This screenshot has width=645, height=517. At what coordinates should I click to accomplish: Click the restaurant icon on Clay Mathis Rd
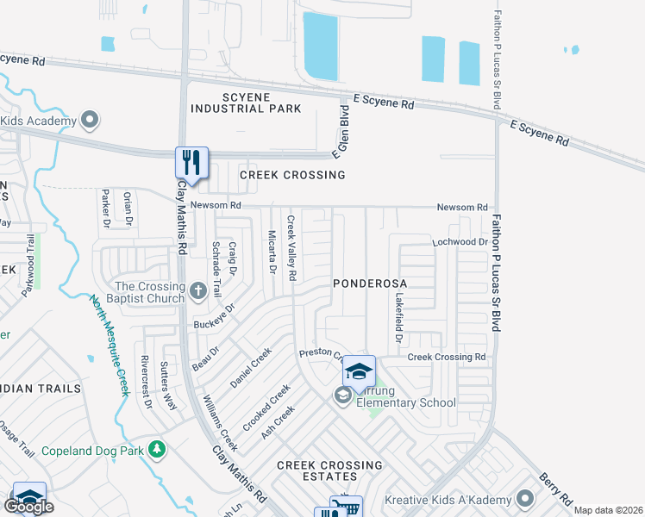click(x=192, y=162)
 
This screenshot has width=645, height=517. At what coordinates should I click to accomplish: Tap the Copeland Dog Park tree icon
click(x=156, y=449)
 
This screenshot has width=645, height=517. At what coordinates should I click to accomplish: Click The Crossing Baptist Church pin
click(x=198, y=291)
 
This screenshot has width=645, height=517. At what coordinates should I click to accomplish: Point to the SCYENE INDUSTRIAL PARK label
click(x=246, y=103)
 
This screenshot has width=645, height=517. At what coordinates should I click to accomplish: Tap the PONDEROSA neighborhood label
click(x=370, y=283)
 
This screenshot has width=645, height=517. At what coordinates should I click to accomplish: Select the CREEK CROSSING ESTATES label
click(x=329, y=470)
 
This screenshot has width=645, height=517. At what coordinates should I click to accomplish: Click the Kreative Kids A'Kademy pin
click(x=525, y=500)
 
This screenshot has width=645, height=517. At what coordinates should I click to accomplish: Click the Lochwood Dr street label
click(x=460, y=243)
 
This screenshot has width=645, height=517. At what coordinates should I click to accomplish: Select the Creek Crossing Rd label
click(x=447, y=357)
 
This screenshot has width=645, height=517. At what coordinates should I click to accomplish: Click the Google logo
click(x=29, y=507)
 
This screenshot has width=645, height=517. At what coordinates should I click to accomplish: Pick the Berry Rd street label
click(x=555, y=489)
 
